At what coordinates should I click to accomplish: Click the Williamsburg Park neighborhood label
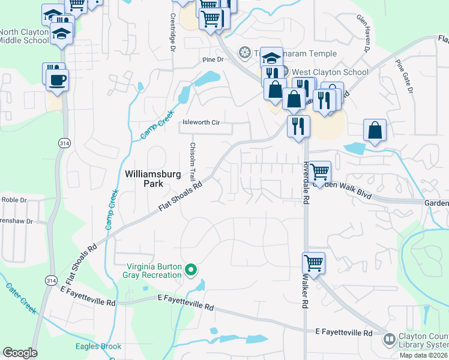152,179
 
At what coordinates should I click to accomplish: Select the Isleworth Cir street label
201,122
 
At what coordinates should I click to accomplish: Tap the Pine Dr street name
212,59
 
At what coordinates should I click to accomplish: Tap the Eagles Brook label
98,346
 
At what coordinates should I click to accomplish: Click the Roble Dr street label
14,200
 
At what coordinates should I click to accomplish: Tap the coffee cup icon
58,80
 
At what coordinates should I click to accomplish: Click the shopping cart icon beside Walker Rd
313,262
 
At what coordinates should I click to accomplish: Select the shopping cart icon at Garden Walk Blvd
319,171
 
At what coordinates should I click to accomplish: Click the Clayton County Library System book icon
389,340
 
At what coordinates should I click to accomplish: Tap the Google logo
20,353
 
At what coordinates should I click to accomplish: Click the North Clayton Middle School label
24,36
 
